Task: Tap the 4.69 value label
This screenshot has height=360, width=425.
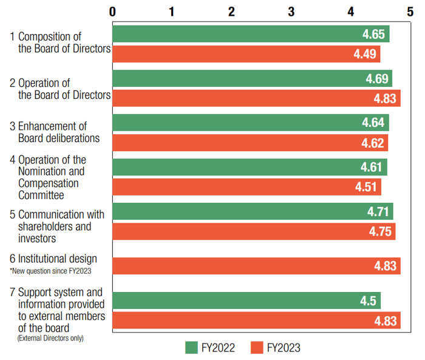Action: click(377, 79)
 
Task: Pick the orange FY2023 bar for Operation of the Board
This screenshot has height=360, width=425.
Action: click(256, 98)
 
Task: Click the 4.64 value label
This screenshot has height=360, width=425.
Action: click(373, 123)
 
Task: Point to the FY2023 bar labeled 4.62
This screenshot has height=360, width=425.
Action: click(250, 143)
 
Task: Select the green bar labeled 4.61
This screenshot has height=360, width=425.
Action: click(249, 167)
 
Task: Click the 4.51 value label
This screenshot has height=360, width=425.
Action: click(367, 187)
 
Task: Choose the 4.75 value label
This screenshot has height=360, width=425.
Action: click(381, 231)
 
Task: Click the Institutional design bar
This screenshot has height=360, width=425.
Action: click(256, 266)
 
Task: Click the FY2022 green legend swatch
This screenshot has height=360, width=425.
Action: click(191, 347)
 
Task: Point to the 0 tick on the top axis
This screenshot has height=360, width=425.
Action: click(112, 11)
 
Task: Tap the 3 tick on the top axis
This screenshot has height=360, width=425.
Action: click(291, 11)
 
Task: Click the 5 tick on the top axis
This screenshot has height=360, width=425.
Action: click(410, 11)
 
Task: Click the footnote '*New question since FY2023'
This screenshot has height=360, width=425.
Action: click(50, 270)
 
